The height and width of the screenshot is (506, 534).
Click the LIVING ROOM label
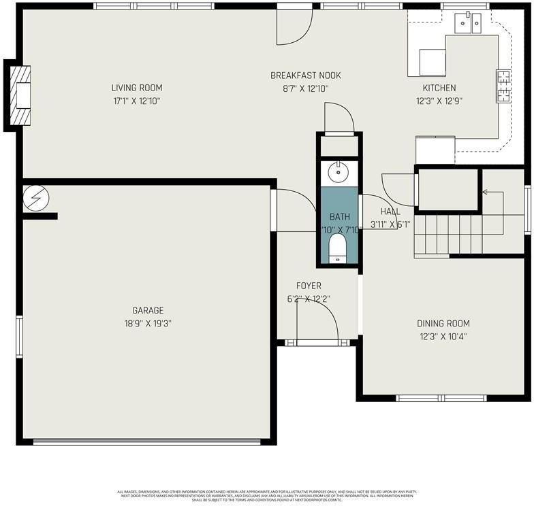(x=137, y=88)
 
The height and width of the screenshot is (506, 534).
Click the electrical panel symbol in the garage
(x=35, y=198)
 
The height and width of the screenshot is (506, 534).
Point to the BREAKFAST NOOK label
(x=305, y=75)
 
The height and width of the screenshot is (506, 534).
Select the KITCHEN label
(x=439, y=88)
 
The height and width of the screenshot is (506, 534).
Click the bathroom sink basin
(x=339, y=173)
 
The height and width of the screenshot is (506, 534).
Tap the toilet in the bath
(x=339, y=247)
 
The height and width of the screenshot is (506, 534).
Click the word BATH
(x=339, y=216)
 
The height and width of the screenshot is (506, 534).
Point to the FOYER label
(x=308, y=286)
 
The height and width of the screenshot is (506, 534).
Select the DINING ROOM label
(x=443, y=324)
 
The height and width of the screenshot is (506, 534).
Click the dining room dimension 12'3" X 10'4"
(x=443, y=336)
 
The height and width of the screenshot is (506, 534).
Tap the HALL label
(x=390, y=212)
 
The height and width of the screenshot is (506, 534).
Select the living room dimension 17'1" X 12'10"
(x=137, y=101)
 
